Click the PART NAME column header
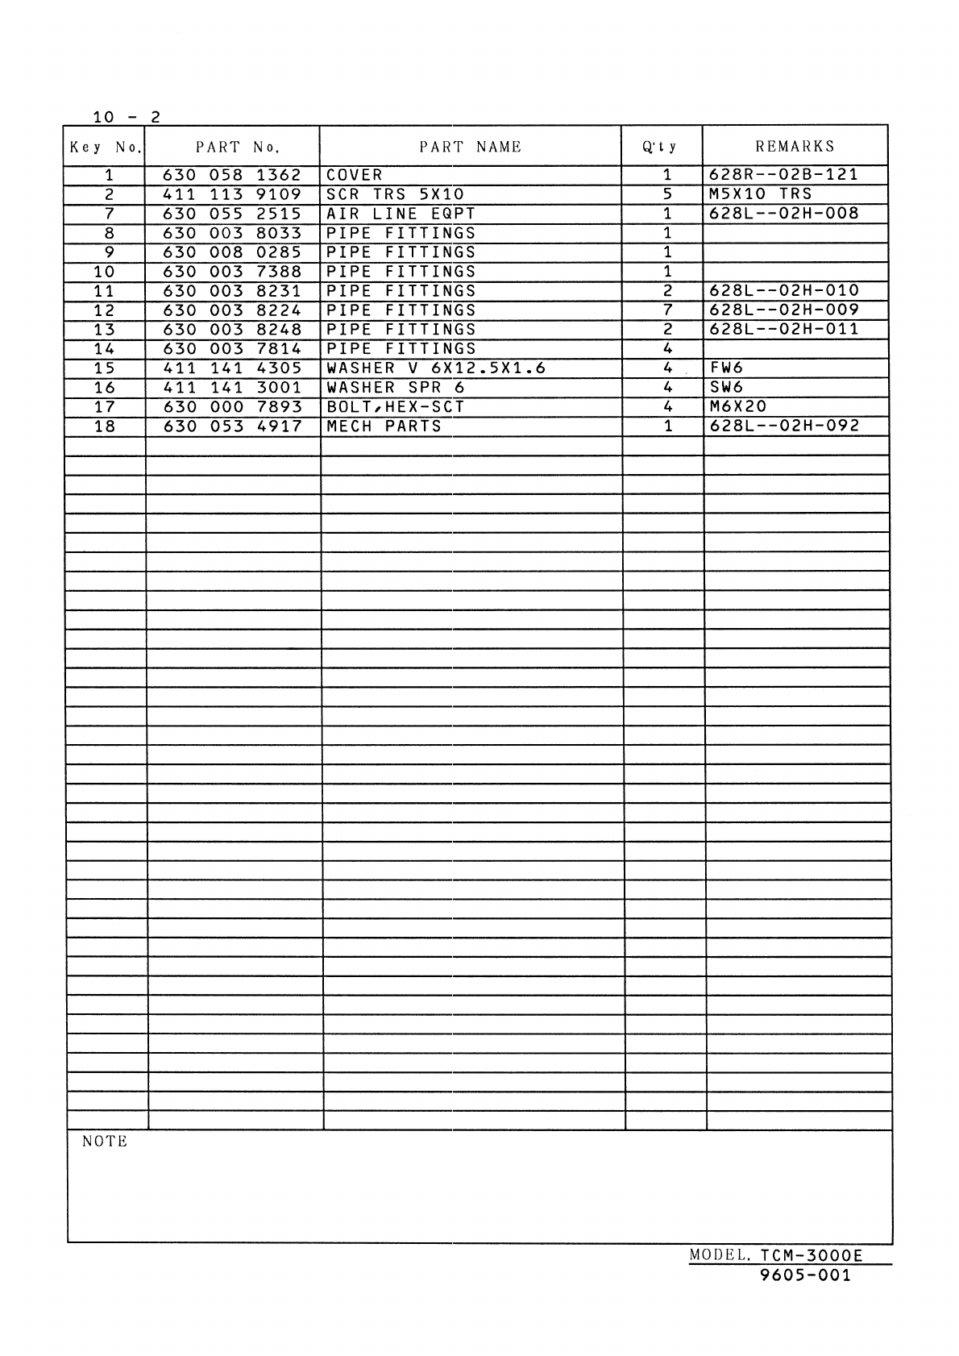[x=470, y=147]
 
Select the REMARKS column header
[x=795, y=147]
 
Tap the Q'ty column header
[x=660, y=148]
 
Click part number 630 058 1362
[x=232, y=175]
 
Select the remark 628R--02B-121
[x=783, y=175]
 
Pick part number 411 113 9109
[x=232, y=194]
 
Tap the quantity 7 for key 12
[x=667, y=310]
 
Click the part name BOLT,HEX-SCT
[x=395, y=407]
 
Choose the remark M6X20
[x=738, y=407]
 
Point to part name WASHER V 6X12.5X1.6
[x=436, y=368]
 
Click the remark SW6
[x=726, y=388]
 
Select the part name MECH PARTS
[x=384, y=426]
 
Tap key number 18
[x=105, y=426]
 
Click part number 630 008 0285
[x=232, y=252]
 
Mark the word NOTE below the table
[x=105, y=1142]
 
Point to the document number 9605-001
[x=805, y=1275]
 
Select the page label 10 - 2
[x=127, y=117]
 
